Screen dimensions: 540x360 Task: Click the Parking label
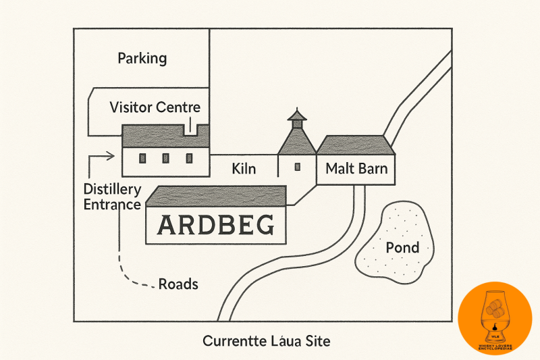(x=142, y=58)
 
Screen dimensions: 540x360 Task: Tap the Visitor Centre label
(x=155, y=107)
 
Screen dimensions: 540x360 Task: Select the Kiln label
(x=243, y=168)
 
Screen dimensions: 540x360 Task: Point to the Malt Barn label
(x=356, y=168)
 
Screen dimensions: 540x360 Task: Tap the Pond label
(x=402, y=248)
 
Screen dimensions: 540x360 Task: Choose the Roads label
(x=178, y=284)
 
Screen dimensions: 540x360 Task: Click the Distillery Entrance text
(x=112, y=196)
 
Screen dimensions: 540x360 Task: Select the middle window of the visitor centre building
(x=165, y=158)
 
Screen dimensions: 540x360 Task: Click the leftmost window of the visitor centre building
(x=142, y=158)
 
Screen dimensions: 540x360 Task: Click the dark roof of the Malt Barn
(x=356, y=145)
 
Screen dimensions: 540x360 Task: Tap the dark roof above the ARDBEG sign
(x=216, y=197)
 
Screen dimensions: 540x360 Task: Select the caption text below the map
(x=267, y=341)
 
